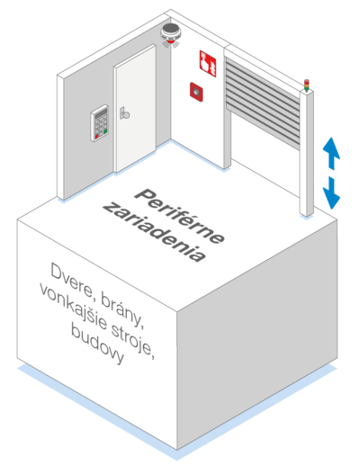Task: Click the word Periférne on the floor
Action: pyautogui.click(x=179, y=216)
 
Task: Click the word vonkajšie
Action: pyautogui.click(x=73, y=305)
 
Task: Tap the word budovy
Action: pyautogui.click(x=97, y=344)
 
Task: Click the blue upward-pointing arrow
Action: pyautogui.click(x=331, y=153)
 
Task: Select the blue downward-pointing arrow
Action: pyautogui.click(x=331, y=193)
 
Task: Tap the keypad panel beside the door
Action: pyautogui.click(x=100, y=122)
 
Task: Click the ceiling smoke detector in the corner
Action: pyautogui.click(x=170, y=35)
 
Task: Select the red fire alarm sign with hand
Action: pyautogui.click(x=208, y=64)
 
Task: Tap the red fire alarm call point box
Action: pyautogui.click(x=196, y=92)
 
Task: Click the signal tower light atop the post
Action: pyautogui.click(x=307, y=85)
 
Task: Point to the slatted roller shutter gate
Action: pyautogui.click(x=263, y=103)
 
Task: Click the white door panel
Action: pyautogui.click(x=135, y=108)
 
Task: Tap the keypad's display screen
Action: pyautogui.click(x=100, y=113)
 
